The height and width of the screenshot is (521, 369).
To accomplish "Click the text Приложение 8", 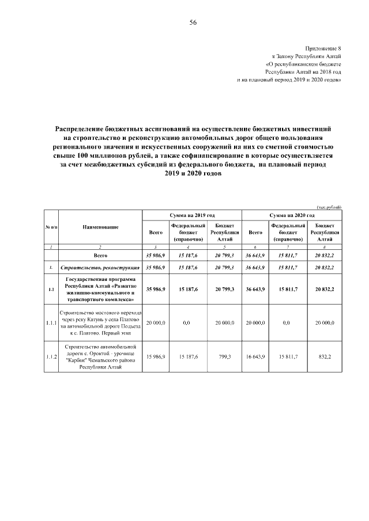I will [x=323, y=50].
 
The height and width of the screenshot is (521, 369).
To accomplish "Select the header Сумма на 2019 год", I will [x=192, y=214].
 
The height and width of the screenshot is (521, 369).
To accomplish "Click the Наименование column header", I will [x=100, y=227].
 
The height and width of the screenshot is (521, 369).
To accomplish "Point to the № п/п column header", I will [x=51, y=227].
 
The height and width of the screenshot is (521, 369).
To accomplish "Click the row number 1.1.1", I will [x=51, y=323].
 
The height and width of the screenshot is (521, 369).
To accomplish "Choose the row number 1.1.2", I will [x=51, y=358].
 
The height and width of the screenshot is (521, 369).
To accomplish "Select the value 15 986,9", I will [x=155, y=358].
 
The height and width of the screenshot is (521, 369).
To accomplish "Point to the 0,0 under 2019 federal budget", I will [x=186, y=323].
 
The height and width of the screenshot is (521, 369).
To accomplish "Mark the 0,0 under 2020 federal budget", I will [x=288, y=323].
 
